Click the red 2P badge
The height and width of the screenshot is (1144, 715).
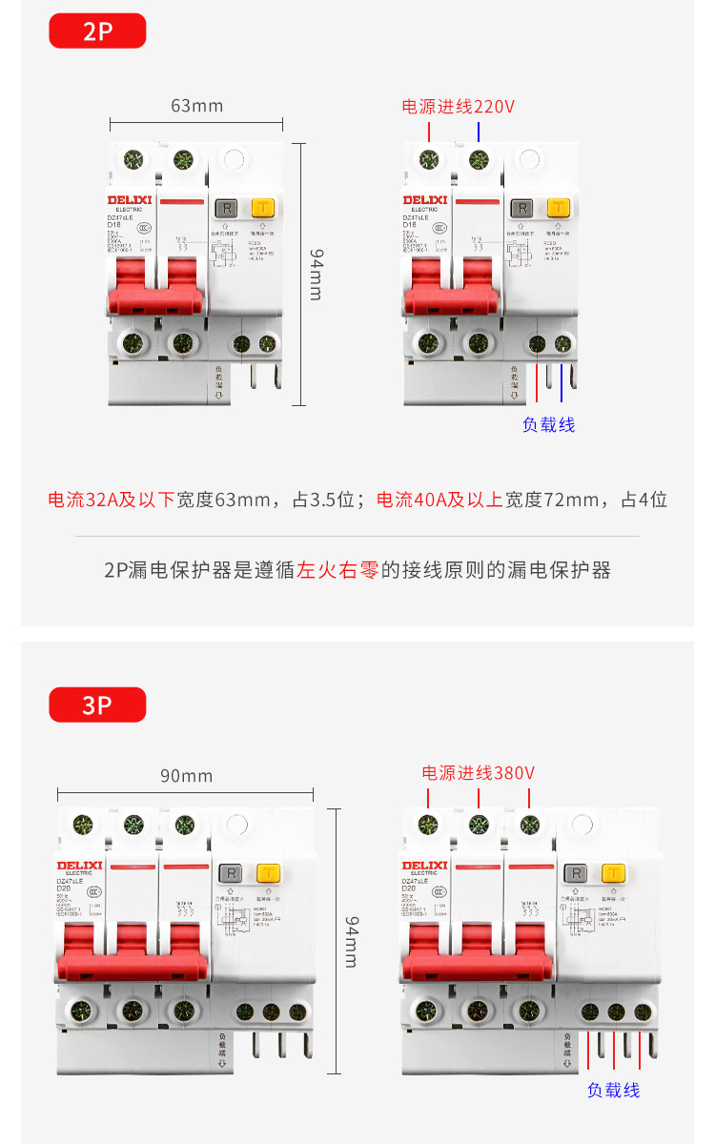coord(97,31)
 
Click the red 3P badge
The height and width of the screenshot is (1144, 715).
coord(97,705)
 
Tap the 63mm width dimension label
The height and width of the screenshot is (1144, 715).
coord(196,105)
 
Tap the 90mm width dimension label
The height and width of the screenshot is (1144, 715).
coord(186,775)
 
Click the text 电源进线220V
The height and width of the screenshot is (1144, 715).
coord(458,107)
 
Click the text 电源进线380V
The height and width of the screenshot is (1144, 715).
coord(479,772)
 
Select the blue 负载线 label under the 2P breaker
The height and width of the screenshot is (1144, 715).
coord(548,425)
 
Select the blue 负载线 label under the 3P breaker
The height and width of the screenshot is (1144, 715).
coord(613,1090)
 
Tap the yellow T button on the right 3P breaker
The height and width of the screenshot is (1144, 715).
coord(614,873)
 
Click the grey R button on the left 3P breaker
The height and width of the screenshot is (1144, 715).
coord(230,873)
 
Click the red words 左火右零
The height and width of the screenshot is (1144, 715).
coord(338,570)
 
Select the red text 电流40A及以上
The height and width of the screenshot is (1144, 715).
coord(439,500)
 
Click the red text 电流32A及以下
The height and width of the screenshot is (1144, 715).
coord(112,500)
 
